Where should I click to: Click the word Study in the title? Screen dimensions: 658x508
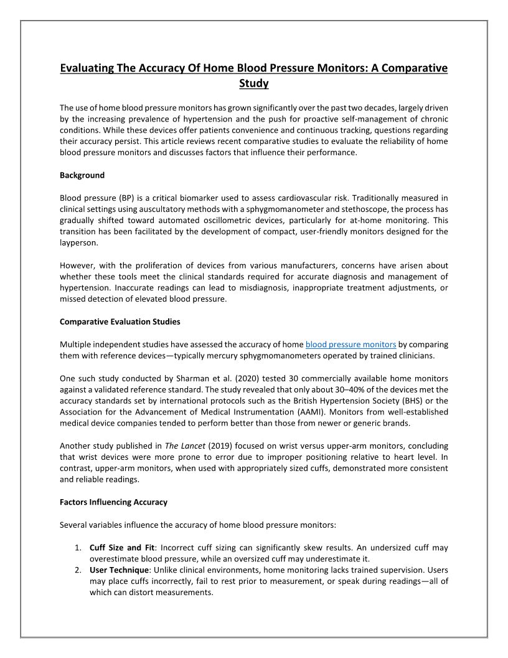253,83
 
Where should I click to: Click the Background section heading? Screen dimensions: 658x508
82,175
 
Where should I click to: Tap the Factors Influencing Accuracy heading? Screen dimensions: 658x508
113,502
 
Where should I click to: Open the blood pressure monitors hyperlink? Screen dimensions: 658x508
350,345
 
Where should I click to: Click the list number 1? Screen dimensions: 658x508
78,548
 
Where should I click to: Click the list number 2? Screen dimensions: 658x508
78,570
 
